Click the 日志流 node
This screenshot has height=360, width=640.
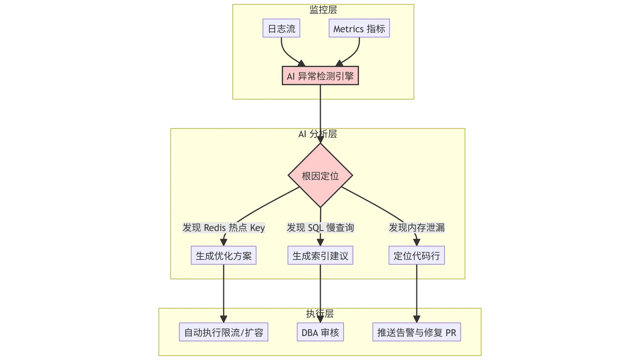[x=281, y=29]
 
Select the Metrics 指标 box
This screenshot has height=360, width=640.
[x=359, y=29]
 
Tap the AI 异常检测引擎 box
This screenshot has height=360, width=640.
[x=320, y=76]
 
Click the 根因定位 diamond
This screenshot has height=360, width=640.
[x=320, y=176]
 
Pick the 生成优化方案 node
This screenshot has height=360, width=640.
[x=224, y=256]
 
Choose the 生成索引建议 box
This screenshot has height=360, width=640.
[x=320, y=256]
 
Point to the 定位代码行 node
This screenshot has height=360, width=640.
[x=416, y=256]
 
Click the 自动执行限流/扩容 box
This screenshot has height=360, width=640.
[x=224, y=332]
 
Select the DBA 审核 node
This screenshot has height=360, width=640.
[x=320, y=332]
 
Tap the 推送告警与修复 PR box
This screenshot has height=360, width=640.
[x=416, y=332]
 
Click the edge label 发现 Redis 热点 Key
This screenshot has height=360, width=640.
[x=224, y=227]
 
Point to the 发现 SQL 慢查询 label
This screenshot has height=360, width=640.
[x=320, y=227]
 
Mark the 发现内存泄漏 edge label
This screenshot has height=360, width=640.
[x=416, y=227]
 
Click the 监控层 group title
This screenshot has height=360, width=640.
[x=323, y=10]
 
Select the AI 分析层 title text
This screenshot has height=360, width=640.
[x=318, y=134]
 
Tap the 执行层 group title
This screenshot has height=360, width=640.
[x=320, y=313]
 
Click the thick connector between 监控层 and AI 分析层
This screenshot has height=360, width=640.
[x=321, y=114]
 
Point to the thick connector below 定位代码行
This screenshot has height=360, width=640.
[x=416, y=294]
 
